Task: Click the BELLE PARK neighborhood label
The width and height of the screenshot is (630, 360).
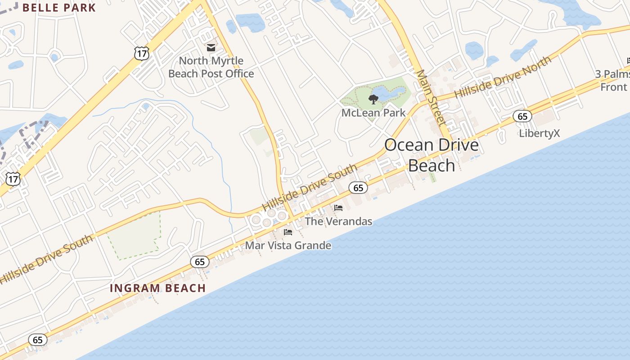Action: point(59,8)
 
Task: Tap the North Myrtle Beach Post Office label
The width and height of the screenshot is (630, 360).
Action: point(211,67)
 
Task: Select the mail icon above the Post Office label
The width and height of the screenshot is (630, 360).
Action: point(211,47)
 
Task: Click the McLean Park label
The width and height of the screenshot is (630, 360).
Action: point(373,112)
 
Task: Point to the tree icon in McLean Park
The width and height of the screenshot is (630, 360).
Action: point(373,99)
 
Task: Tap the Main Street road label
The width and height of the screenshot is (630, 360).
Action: point(430,97)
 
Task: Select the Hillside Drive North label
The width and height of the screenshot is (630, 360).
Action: point(502,77)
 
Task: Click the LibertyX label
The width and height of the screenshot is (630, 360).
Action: point(539,133)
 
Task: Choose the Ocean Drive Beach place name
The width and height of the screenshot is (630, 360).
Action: point(431,155)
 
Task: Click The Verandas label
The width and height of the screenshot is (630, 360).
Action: point(338,221)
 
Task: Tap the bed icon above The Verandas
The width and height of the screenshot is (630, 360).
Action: point(338,207)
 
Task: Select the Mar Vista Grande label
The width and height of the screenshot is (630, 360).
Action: point(288,246)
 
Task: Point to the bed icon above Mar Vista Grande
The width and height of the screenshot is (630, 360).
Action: point(288,232)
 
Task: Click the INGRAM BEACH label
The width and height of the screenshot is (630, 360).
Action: point(158,288)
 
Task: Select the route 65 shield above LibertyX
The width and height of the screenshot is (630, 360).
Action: point(522,117)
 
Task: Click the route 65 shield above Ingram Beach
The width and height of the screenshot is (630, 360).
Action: point(200,261)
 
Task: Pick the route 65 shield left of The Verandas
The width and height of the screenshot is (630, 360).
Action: point(358,188)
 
